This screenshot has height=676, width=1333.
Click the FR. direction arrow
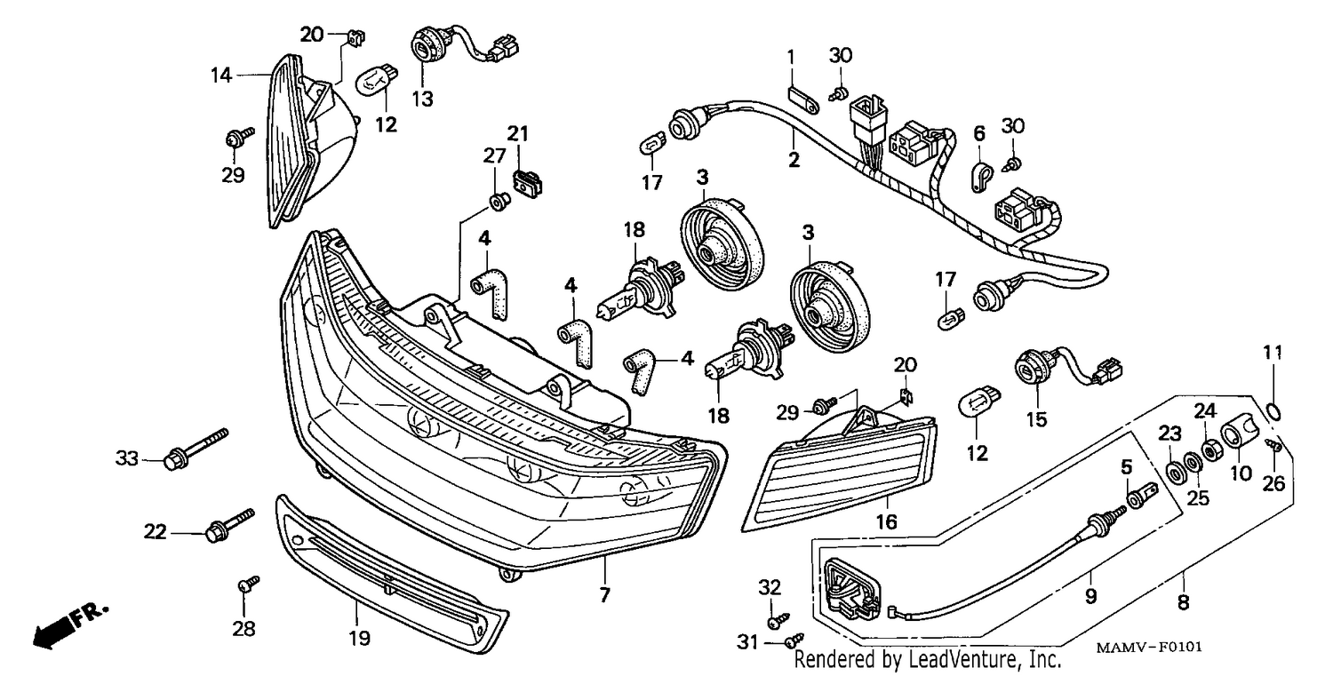[x=70, y=626]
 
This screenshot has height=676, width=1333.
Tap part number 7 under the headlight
[x=604, y=594]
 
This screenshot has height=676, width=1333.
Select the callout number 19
[x=359, y=639]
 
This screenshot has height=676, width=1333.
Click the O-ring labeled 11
[x=1273, y=410]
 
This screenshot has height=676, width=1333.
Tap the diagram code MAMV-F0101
[x=1148, y=647]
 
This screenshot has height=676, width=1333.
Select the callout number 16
[x=886, y=521]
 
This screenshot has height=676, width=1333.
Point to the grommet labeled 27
[x=499, y=202]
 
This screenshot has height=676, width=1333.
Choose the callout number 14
[x=220, y=76]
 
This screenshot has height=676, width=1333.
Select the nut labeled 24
[x=1210, y=450]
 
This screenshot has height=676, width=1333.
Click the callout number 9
[x=1090, y=596]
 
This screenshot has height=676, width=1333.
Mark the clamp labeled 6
[x=983, y=177]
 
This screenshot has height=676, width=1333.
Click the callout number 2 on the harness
[x=794, y=160]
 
